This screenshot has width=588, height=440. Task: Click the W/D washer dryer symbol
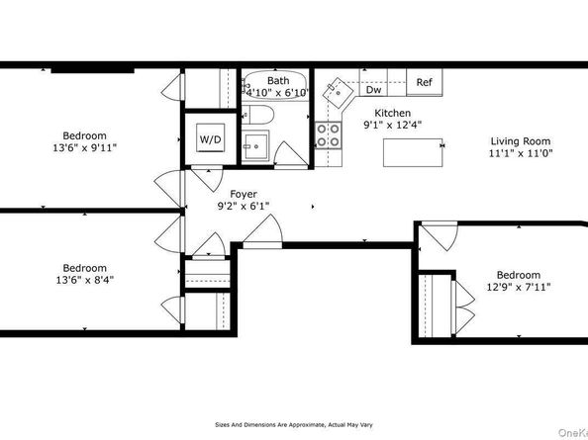(211, 137)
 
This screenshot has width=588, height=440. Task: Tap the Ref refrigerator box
(424, 82)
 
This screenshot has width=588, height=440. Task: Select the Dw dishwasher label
(373, 90)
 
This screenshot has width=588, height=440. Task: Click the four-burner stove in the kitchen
(328, 135)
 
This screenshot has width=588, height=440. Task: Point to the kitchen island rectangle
(413, 152)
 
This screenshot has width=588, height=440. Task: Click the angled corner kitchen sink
(338, 93)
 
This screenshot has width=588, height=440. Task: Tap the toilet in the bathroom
(257, 115)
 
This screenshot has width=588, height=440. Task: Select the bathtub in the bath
(275, 85)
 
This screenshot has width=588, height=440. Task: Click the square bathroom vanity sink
(255, 146)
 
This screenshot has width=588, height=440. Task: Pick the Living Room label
(521, 141)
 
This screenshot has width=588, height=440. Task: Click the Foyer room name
(244, 194)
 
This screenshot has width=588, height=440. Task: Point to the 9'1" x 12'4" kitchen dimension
(393, 125)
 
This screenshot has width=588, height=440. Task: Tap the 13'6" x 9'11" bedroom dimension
(84, 147)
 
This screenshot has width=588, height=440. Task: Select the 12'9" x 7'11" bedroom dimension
(519, 287)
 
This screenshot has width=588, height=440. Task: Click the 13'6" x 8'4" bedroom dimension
(84, 280)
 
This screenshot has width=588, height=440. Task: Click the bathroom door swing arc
(291, 153)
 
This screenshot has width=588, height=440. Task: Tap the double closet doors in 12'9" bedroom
(465, 308)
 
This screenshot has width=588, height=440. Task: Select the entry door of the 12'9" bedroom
(439, 236)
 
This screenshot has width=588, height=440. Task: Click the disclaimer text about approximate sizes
(294, 424)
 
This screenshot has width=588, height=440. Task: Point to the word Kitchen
(393, 113)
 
